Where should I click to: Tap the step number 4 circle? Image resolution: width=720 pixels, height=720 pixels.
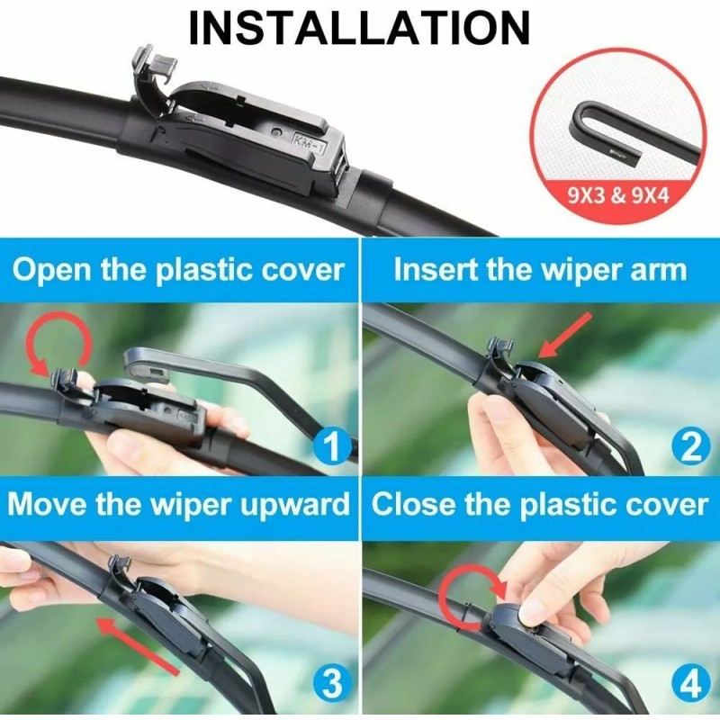click(689, 686)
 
